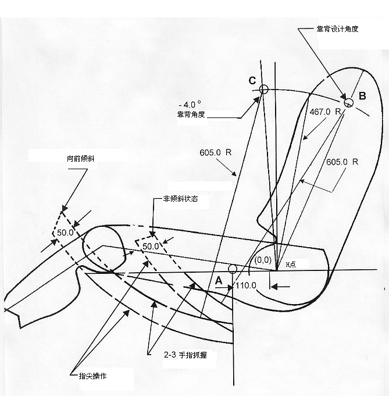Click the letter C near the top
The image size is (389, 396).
click(x=252, y=81)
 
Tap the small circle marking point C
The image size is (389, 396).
click(x=264, y=90)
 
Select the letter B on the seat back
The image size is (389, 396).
click(x=362, y=96)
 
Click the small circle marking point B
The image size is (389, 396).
click(x=348, y=102)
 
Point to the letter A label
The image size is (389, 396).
click(x=219, y=280)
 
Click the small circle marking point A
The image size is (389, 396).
click(x=232, y=269)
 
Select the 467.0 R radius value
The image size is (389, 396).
click(x=324, y=111)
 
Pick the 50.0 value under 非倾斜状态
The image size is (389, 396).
click(x=151, y=246)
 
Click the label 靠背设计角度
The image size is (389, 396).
click(x=337, y=28)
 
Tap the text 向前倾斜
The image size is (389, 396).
click(x=78, y=158)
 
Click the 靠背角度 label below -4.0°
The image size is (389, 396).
click(x=191, y=114)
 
